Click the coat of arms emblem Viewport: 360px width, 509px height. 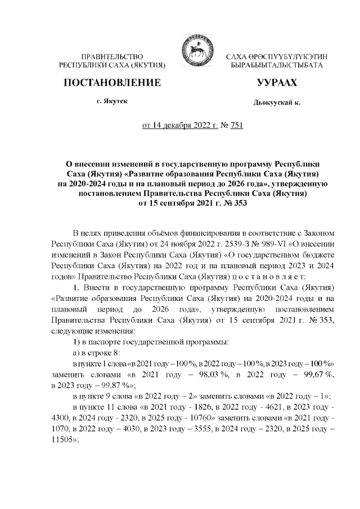point(191,52)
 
